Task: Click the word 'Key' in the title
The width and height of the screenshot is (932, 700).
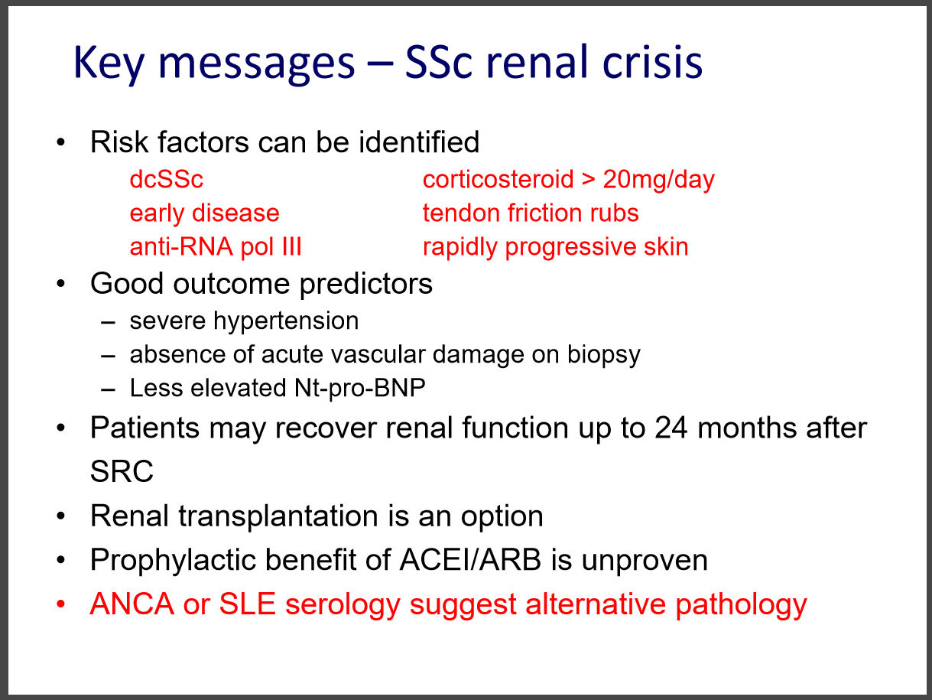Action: (109, 63)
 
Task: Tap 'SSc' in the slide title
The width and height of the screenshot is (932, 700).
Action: (439, 62)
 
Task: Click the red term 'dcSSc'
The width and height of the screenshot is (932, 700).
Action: (167, 179)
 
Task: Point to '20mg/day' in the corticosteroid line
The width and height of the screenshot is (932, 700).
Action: (658, 180)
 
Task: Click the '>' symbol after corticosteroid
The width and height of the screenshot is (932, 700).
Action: (588, 179)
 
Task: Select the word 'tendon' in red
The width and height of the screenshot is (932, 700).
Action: (461, 213)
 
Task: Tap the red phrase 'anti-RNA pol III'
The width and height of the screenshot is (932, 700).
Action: (216, 247)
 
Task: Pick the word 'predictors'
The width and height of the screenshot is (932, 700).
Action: (366, 284)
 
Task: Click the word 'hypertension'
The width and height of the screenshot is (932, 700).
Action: (286, 321)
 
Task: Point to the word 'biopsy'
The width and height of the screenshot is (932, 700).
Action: (604, 355)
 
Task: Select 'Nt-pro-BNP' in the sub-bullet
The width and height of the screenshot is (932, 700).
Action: (360, 388)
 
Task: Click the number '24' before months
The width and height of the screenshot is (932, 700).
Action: (671, 428)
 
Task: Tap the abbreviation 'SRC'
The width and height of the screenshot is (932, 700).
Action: (122, 471)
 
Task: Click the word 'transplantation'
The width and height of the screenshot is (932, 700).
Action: (278, 517)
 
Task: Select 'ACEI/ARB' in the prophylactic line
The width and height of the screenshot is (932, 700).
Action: (470, 560)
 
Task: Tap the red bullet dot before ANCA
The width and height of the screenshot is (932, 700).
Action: (60, 604)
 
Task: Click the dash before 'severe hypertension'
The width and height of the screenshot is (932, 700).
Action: (109, 323)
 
